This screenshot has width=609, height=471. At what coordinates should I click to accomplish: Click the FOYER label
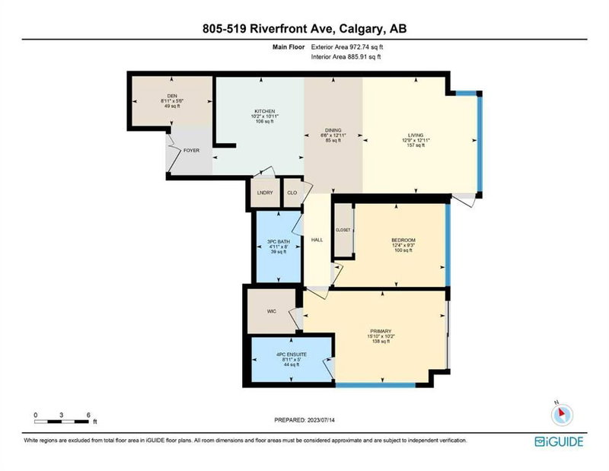pyautogui.click(x=192, y=151)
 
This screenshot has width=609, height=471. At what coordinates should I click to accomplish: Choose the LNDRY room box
pyautogui.click(x=266, y=193)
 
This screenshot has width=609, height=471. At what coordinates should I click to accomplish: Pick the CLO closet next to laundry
pyautogui.click(x=291, y=193)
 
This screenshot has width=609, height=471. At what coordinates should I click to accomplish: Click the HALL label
pyautogui.click(x=317, y=239)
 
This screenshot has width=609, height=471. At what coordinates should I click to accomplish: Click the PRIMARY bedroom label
pyautogui.click(x=381, y=331)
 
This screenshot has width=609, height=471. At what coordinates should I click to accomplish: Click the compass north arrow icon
pyautogui.click(x=562, y=412)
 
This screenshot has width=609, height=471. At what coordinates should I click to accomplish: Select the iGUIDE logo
pyautogui.click(x=563, y=441)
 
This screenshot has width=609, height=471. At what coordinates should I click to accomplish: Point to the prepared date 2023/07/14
pyautogui.click(x=304, y=420)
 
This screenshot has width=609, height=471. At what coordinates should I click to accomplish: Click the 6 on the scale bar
pyautogui.click(x=90, y=415)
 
